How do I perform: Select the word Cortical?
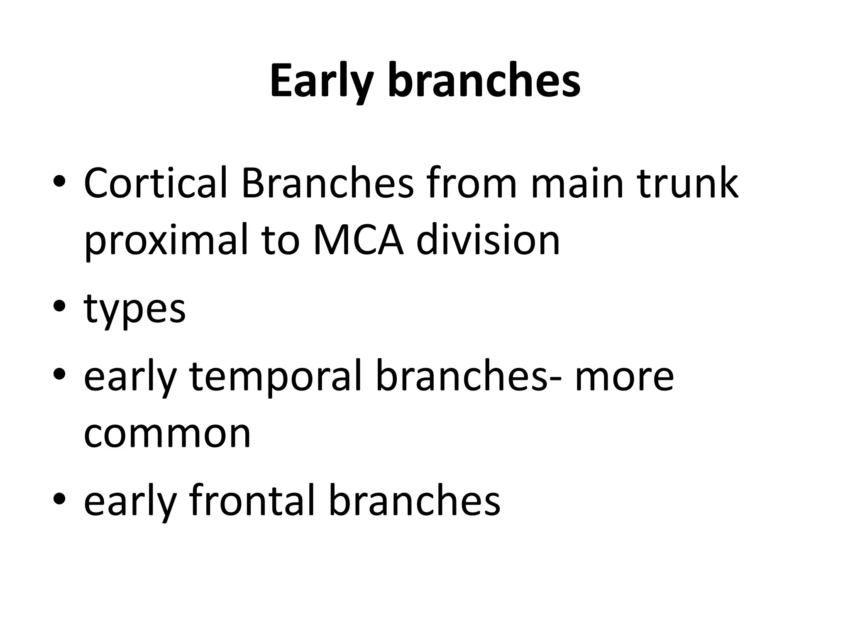click(x=156, y=183)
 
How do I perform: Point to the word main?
click(x=577, y=183)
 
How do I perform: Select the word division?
click(x=488, y=240)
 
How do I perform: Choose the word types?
click(x=134, y=309)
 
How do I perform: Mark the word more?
click(x=624, y=376)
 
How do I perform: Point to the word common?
click(x=167, y=434)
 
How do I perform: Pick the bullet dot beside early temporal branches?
click(x=60, y=376)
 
